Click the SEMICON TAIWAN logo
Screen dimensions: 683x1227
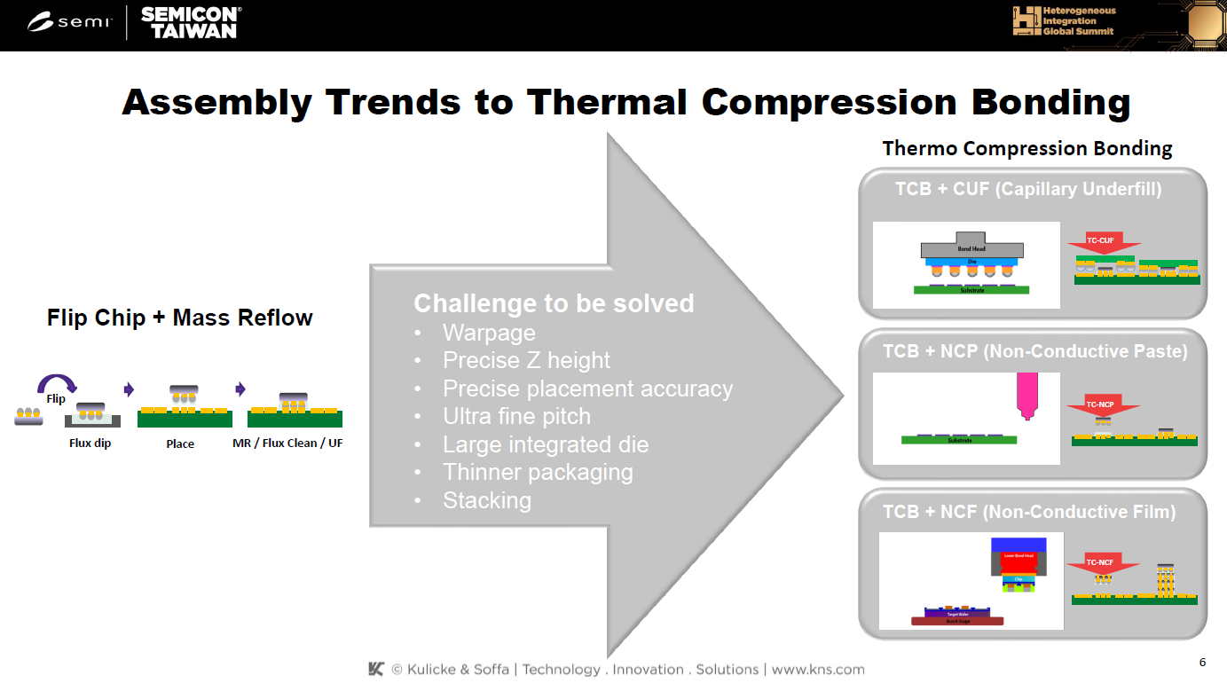coord(189,22)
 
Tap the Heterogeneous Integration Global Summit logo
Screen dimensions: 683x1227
coord(1065,21)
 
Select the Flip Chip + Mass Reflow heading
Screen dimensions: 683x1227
coord(180,318)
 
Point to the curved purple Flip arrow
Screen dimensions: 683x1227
coord(57,385)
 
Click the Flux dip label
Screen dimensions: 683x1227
coord(90,443)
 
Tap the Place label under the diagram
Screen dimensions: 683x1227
coord(180,444)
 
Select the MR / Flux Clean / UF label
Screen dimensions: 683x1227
coord(287,443)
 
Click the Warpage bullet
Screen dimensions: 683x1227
coord(489,333)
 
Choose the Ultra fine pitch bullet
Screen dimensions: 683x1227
coord(516,416)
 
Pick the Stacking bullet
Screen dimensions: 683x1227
coord(487,500)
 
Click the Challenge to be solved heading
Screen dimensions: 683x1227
coord(554,303)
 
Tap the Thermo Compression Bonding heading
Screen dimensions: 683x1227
coord(1027,148)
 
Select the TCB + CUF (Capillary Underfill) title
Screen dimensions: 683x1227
coord(1029,189)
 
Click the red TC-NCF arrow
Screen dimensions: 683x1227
coord(1101,563)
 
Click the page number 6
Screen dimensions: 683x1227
coord(1202,663)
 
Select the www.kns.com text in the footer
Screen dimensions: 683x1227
coord(818,670)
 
